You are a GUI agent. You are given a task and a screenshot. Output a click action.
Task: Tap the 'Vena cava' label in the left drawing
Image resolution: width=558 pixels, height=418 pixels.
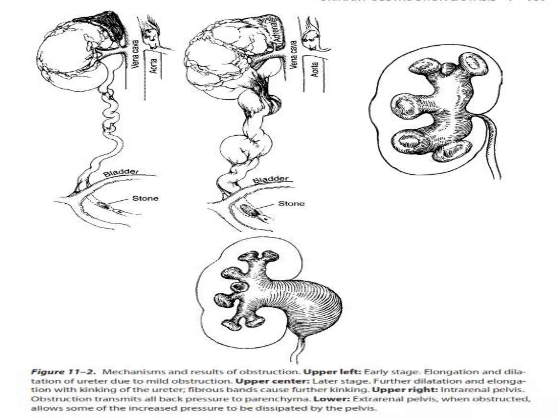click(135, 54)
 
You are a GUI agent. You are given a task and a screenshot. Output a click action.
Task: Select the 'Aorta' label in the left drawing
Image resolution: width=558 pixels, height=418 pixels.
click(154, 66)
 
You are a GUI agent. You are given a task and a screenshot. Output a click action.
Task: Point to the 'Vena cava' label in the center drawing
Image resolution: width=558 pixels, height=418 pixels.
click(293, 54)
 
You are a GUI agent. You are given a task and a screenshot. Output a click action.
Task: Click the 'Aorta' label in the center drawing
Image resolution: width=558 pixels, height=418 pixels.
click(315, 70)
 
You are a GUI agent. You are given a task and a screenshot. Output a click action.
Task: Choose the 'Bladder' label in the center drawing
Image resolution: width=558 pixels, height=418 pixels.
click(271, 180)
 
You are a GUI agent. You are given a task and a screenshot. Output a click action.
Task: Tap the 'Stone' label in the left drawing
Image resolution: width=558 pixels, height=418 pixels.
click(145, 198)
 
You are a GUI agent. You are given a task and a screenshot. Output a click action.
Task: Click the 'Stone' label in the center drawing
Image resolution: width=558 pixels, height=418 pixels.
click(291, 204)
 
